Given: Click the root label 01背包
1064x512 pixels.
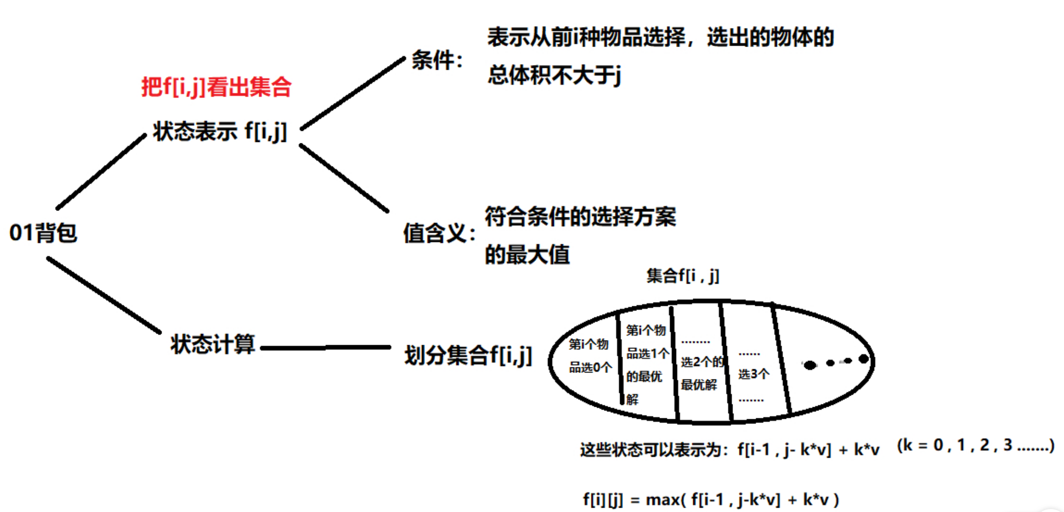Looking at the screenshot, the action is tap(43, 233).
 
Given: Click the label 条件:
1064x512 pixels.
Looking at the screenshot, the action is tap(437, 60).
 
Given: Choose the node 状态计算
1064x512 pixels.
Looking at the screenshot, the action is tap(213, 344).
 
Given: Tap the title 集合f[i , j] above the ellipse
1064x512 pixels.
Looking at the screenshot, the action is tap(683, 276).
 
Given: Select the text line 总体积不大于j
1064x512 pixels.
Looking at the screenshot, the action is tap(554, 75).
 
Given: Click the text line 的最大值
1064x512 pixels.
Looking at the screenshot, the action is tap(527, 255).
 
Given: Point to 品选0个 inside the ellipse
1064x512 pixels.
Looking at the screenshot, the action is tap(590, 367).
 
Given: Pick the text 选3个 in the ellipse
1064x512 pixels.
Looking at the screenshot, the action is tap(754, 374).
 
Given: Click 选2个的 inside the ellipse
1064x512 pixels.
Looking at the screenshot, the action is tap(702, 362).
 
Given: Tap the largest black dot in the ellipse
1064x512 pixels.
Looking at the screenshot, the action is tap(810, 365).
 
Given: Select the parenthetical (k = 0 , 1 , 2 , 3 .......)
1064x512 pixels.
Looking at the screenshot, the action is tap(975, 445).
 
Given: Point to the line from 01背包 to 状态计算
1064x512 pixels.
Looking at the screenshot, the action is tap(104, 295).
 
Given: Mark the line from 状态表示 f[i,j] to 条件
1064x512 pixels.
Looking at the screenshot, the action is tap(353, 93).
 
